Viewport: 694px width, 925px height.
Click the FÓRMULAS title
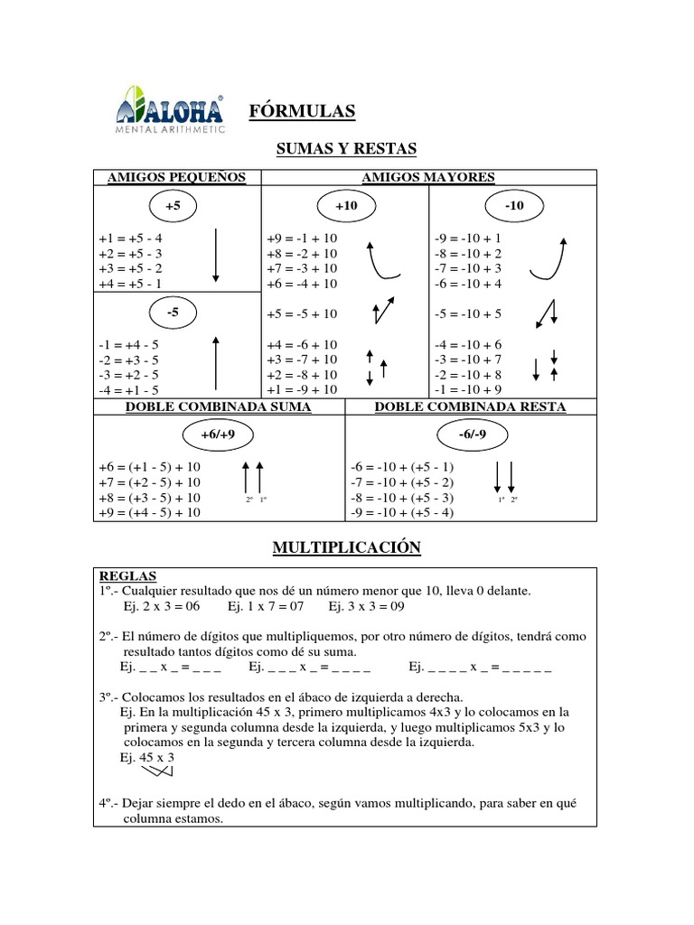click(x=302, y=110)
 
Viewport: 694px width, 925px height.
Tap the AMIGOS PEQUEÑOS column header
click(x=177, y=177)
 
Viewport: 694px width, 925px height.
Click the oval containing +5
click(x=173, y=206)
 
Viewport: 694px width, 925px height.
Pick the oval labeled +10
click(x=346, y=206)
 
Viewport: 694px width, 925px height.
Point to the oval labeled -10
click(x=515, y=206)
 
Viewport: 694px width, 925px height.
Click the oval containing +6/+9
click(x=220, y=435)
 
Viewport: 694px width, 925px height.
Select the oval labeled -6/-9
click(x=470, y=435)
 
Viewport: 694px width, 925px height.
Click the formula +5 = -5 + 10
click(x=303, y=314)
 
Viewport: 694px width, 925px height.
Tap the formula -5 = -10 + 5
click(x=468, y=314)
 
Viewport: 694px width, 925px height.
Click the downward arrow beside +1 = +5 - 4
click(x=216, y=255)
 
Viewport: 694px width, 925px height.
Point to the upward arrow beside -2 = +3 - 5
click(x=215, y=362)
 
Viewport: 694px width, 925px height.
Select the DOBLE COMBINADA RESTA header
click(x=470, y=407)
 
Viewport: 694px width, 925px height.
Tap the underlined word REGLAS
click(x=127, y=575)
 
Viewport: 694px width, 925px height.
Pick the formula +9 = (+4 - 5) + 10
click(x=150, y=513)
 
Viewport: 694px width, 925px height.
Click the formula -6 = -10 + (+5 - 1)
click(x=402, y=467)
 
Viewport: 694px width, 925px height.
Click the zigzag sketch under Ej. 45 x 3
click(x=155, y=772)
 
